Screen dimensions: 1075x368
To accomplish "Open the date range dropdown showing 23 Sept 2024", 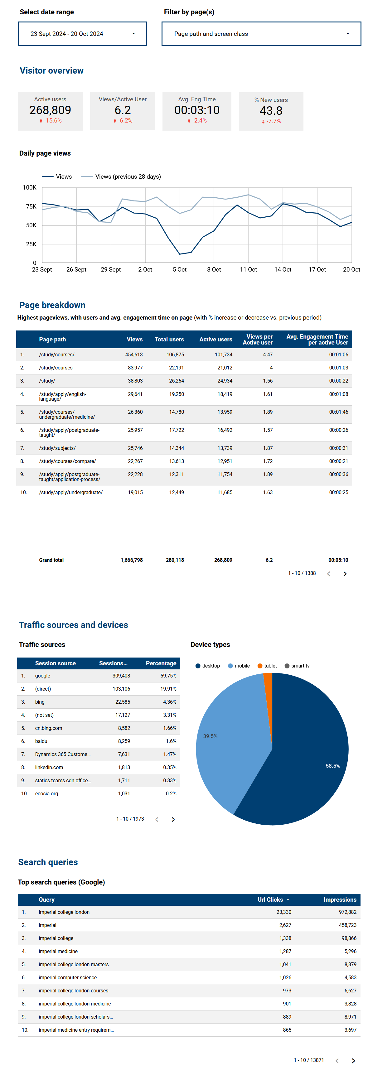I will pos(82,34).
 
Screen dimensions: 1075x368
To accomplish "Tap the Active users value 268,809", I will pos(50,110).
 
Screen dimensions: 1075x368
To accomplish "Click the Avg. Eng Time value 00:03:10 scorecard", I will pos(196,110).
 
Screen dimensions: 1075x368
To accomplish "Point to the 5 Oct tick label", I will pos(179,270).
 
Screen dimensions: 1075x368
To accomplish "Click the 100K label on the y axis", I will pos(30,188).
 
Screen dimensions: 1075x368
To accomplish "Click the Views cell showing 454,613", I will pos(134,355).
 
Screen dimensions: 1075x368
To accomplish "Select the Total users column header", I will pos(169,339).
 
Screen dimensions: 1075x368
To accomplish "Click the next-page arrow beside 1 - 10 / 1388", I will pos(345,574).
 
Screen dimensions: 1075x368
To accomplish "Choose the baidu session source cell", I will pos(41,741).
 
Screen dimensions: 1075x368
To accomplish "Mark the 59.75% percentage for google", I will pos(168,676).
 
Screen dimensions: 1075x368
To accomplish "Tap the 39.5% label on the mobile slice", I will pos(210,736).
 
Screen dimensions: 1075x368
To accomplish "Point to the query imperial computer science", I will pos(68,977).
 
